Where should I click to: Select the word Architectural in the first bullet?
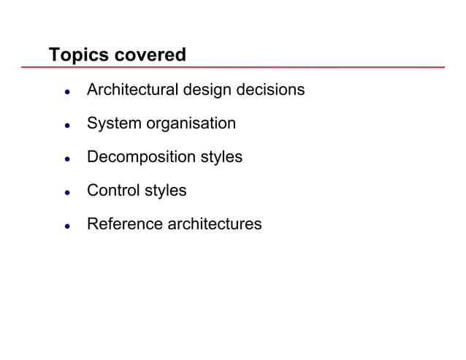(132, 90)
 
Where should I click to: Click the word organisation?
(191, 124)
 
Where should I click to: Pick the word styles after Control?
(164, 191)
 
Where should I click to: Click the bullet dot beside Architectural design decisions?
(66, 93)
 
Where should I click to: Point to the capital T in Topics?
(53, 55)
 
